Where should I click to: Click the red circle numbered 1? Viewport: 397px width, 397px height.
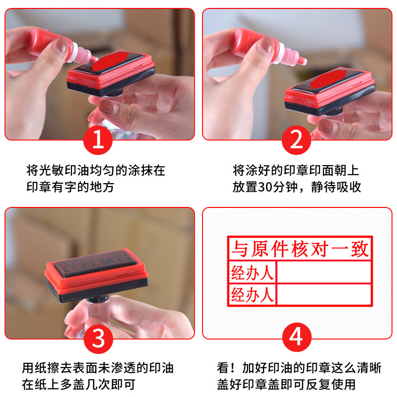[x=98, y=140]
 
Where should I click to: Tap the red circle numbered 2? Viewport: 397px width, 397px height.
[x=296, y=140]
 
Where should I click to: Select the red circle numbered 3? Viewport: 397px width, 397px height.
[x=98, y=339]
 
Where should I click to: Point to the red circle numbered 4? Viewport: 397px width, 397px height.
[x=296, y=337]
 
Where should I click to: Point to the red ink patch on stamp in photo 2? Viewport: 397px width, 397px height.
[x=329, y=79]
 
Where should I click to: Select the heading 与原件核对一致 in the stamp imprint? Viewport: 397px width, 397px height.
[x=300, y=249]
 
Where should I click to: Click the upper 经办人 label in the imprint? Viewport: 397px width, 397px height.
[x=253, y=272]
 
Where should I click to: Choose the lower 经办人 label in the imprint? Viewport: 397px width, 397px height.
[x=253, y=295]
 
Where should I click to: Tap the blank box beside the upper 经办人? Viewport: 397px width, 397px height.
[x=324, y=272]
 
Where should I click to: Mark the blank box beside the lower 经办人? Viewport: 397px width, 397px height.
[x=324, y=294]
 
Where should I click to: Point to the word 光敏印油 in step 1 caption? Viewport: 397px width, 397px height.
[x=65, y=170]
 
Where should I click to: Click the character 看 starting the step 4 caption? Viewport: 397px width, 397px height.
[x=223, y=368]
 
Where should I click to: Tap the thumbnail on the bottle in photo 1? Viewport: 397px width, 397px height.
[x=61, y=46]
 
